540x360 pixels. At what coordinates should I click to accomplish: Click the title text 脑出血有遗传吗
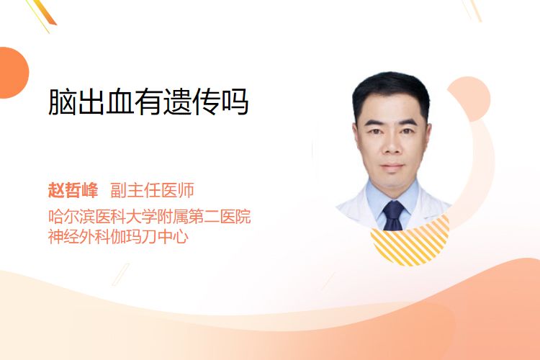pyautogui.click(x=148, y=102)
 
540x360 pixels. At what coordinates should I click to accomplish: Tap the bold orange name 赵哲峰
pyautogui.click(x=73, y=190)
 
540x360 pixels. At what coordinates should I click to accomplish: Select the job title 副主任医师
pyautogui.click(x=152, y=190)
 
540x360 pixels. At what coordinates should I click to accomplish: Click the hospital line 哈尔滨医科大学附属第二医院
pyautogui.click(x=150, y=216)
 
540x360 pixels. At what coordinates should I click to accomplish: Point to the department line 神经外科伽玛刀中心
pyautogui.click(x=118, y=236)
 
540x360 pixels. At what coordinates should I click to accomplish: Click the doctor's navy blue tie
pyautogui.click(x=393, y=216)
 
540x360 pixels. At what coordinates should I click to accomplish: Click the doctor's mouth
pyautogui.click(x=392, y=166)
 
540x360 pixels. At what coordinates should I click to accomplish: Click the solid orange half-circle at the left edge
pyautogui.click(x=13, y=73)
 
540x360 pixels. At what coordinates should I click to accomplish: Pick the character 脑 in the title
pyautogui.click(x=62, y=102)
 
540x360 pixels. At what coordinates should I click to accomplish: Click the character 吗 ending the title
pyautogui.click(x=235, y=102)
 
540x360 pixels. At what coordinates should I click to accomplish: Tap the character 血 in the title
pyautogui.click(x=120, y=102)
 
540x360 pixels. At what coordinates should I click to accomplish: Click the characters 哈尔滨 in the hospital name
pyautogui.click(x=71, y=216)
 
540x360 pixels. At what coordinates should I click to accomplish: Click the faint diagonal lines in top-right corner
pyautogui.click(x=472, y=10)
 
